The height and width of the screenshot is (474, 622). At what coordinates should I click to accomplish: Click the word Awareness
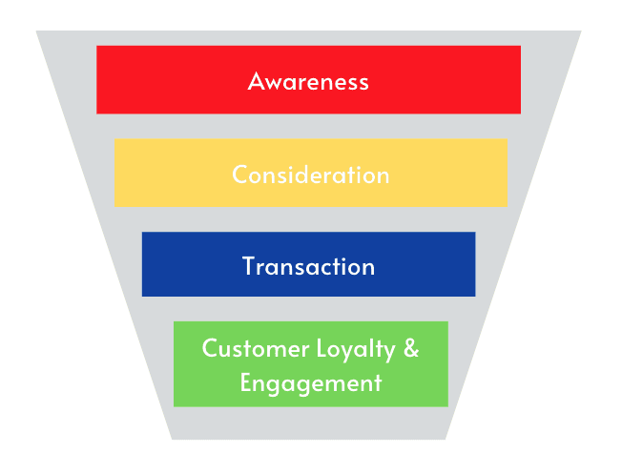pos(308,81)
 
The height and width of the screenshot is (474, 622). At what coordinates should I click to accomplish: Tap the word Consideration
pos(310,175)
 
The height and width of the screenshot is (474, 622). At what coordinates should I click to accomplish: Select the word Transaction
pos(308,266)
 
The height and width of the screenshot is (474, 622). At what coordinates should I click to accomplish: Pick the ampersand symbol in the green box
pos(410,348)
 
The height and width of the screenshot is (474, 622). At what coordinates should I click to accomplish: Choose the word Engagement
pos(310,384)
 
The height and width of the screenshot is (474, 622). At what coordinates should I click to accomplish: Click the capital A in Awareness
pos(256,81)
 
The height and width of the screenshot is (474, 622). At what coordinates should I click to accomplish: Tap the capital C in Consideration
pos(239,175)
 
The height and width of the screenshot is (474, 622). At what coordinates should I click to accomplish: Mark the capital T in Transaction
pos(248,266)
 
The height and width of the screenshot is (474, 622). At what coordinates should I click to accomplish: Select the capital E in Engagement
pos(245,383)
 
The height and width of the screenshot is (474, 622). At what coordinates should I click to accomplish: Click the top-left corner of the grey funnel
pos(37,31)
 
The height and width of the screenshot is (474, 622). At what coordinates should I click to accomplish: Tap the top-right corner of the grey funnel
pos(580,31)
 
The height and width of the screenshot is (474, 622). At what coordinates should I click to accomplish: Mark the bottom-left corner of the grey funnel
pos(172,439)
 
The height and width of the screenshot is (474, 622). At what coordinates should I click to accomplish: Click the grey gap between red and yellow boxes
pos(310,126)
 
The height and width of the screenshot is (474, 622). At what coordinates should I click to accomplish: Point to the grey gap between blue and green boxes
pos(310,309)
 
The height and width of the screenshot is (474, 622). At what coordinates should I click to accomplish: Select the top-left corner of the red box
pos(97,46)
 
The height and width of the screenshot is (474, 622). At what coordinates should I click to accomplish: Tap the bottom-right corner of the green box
pos(447,406)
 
